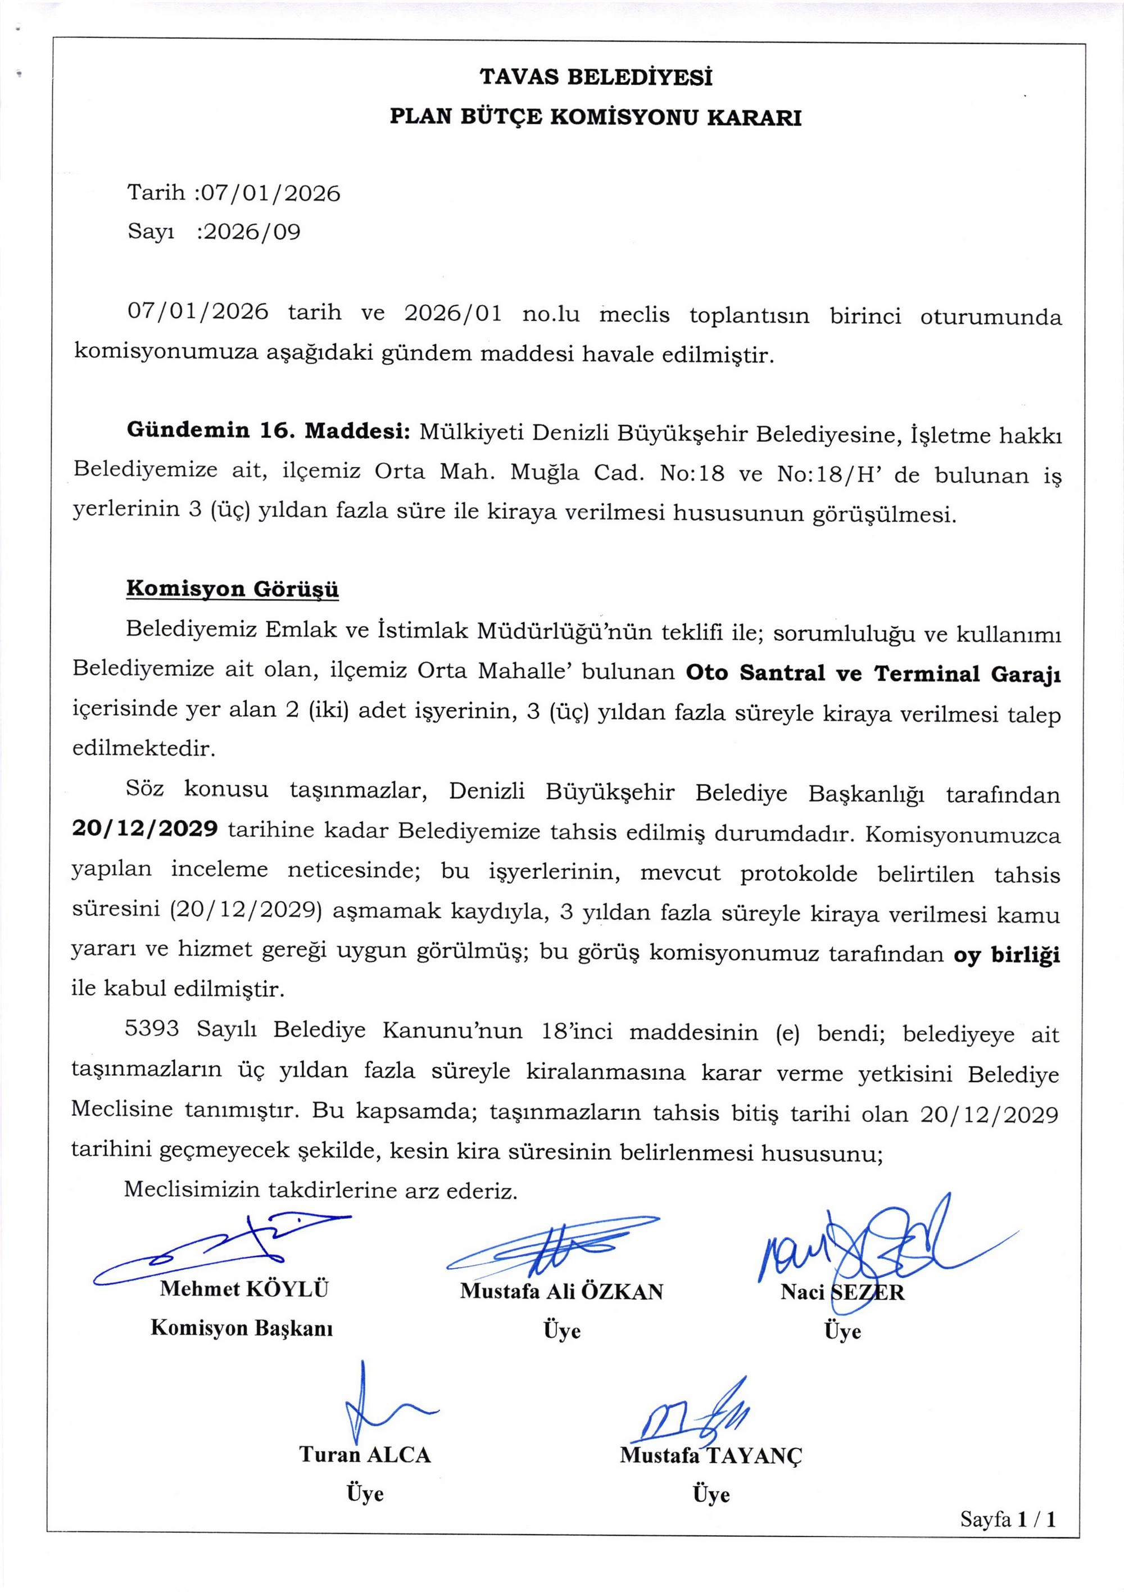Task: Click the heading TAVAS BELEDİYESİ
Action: coord(596,77)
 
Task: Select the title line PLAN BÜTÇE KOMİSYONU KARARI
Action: coord(596,117)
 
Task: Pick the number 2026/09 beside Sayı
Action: coord(250,232)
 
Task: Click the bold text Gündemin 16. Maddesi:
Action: coord(268,431)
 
